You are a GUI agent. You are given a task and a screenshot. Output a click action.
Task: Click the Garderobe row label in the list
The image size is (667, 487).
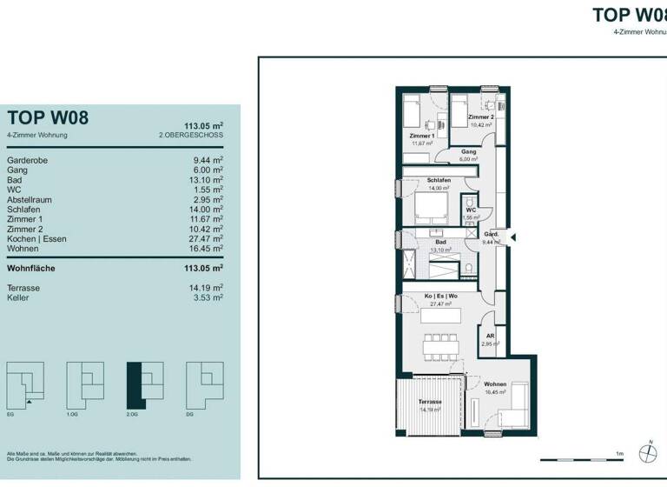point(27,161)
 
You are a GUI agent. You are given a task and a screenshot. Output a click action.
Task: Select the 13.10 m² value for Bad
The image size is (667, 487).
point(208,180)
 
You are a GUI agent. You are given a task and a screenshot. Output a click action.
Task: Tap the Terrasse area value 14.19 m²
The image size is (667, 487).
point(208,287)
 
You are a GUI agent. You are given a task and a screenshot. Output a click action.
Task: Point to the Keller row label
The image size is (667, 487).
point(19,297)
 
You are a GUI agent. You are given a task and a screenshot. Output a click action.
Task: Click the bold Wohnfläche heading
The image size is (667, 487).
point(30,268)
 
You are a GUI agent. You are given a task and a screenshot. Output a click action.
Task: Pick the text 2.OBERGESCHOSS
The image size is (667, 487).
point(191,136)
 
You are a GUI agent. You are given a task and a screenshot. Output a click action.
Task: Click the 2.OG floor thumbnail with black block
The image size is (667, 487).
point(145,384)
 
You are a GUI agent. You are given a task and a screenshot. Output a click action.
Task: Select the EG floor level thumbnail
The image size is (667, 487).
point(25,384)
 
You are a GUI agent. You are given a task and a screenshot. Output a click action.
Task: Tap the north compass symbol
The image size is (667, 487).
point(645,453)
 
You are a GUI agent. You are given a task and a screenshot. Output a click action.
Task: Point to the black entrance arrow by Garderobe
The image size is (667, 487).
point(512,237)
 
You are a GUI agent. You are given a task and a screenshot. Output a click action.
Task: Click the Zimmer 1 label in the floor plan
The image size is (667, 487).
point(421,137)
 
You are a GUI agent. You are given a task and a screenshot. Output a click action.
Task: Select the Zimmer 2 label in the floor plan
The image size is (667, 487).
point(480,117)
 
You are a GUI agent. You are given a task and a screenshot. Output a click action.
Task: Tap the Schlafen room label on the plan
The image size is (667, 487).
point(438,181)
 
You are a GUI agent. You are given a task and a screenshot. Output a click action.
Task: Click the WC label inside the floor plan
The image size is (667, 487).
point(469,210)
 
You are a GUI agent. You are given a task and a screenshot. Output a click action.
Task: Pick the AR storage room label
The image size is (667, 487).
point(490,336)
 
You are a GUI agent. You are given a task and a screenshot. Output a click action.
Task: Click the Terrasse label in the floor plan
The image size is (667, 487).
point(430,402)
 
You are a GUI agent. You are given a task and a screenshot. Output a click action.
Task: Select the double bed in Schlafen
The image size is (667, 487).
point(429,209)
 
